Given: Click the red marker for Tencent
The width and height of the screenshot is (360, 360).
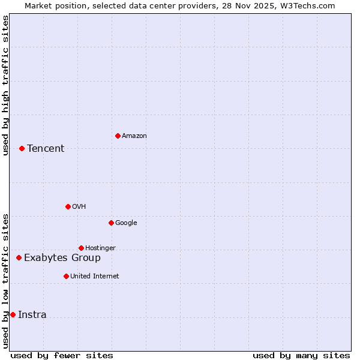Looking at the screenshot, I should (x=22, y=148).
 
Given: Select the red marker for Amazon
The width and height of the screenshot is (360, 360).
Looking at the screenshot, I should (x=118, y=136).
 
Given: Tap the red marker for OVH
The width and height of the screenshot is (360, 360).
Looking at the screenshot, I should (x=68, y=206).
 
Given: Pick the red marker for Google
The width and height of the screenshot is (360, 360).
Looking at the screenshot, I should (x=111, y=223).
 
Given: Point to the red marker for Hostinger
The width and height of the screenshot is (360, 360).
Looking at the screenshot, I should (x=81, y=248).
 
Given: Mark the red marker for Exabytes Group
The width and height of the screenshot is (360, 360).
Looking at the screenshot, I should (x=19, y=257).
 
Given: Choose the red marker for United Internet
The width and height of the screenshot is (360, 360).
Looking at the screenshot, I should (x=66, y=276).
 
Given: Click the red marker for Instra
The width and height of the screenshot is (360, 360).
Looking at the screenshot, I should (x=13, y=314).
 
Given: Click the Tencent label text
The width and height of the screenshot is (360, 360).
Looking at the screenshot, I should (x=46, y=149).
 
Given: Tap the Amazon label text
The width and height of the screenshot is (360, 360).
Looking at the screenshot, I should (x=134, y=136).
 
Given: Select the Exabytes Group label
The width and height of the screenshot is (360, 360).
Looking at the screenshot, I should (x=62, y=258).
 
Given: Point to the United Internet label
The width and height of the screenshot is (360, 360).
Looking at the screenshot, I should (x=95, y=277).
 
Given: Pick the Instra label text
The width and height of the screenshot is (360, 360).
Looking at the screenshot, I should (x=32, y=315).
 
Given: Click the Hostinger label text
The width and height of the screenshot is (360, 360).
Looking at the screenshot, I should (x=101, y=248).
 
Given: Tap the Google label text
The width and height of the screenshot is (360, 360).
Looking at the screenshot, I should (x=126, y=223).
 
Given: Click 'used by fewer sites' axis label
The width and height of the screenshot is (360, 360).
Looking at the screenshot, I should (x=62, y=355).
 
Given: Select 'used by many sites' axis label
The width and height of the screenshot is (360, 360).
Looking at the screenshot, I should (x=301, y=355).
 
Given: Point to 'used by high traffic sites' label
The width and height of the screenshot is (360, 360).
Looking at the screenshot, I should (x=6, y=85).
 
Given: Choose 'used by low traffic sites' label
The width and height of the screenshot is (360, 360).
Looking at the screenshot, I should (x=6, y=280).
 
